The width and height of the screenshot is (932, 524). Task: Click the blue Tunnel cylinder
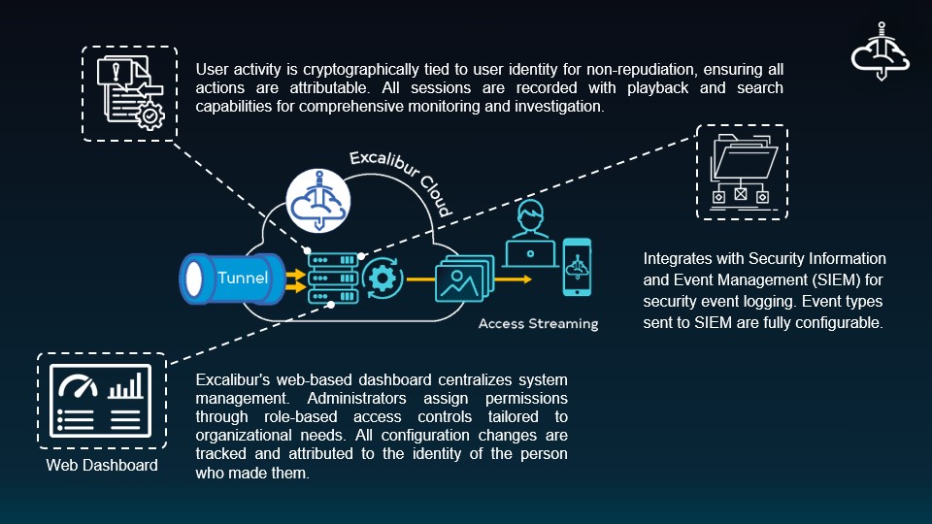233,278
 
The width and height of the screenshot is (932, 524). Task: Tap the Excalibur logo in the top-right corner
881,52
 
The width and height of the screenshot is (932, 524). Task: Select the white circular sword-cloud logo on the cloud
318,201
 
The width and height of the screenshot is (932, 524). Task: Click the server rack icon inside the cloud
333,278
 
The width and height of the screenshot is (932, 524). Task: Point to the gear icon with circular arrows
383,278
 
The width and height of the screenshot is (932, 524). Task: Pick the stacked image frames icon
464,278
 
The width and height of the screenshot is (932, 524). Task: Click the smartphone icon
577,267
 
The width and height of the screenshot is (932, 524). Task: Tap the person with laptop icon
530,234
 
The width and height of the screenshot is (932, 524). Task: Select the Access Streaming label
539,324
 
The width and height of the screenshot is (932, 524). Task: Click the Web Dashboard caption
102,465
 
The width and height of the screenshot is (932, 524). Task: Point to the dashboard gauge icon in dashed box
100,401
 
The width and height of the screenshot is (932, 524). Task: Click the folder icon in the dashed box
743,171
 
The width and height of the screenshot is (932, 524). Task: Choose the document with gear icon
130,92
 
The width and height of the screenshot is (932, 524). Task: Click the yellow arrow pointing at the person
513,279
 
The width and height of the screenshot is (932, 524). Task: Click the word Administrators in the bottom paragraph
356,398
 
